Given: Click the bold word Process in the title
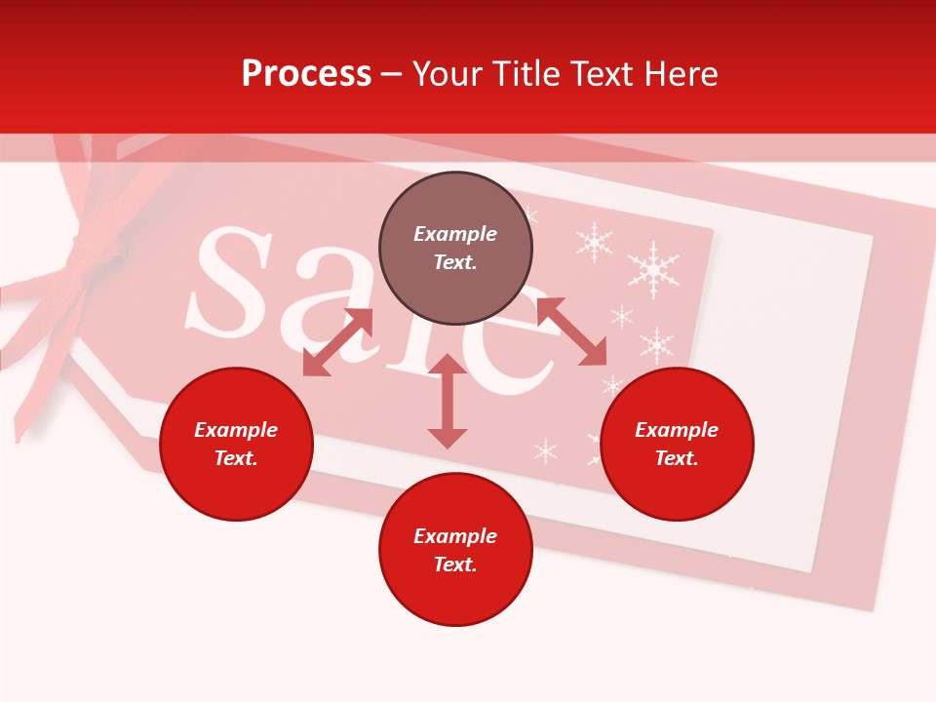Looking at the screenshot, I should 306,74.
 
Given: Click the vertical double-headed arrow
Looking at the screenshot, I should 448,401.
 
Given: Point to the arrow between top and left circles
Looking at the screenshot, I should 337,342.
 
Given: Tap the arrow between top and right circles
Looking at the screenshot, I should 571,332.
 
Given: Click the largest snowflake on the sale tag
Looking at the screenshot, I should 653,268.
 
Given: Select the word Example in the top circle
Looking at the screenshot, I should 455,234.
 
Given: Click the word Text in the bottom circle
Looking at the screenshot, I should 455,565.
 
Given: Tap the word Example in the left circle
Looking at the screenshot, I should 236,430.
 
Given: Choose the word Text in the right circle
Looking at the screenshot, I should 677,458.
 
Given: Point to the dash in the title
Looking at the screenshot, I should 392,74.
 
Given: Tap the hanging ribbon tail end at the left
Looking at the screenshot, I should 19,429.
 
